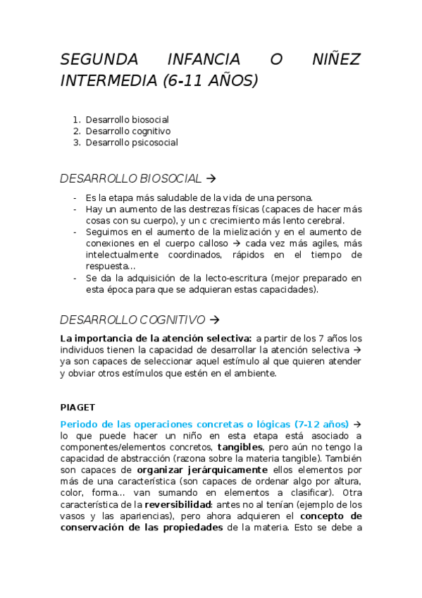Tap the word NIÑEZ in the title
337,59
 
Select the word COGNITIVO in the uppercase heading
173,319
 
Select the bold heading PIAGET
77,407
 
